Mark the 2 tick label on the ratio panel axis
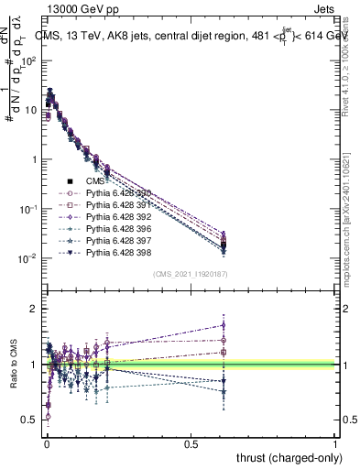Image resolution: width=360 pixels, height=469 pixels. tap(34, 309)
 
